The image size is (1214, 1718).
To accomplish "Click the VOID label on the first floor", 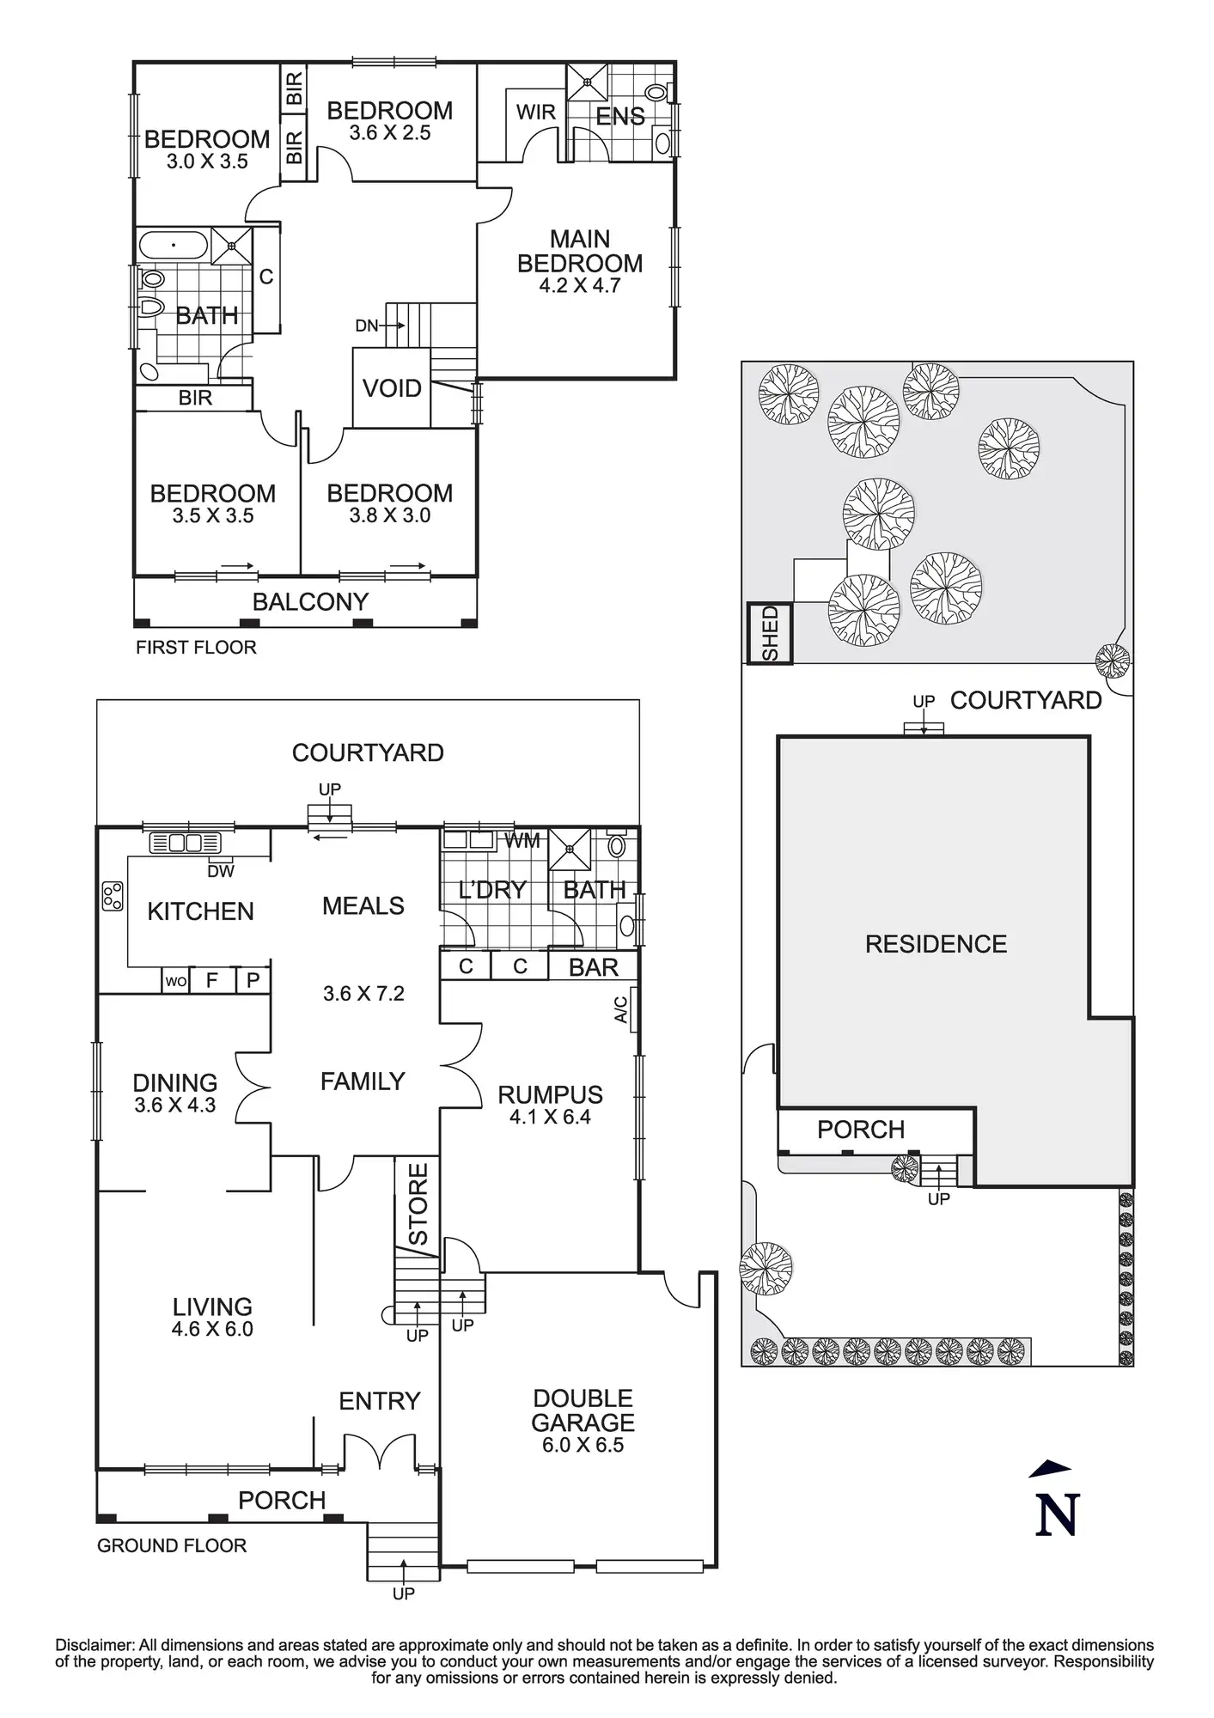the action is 392,388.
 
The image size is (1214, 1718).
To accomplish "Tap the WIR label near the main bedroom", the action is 535,112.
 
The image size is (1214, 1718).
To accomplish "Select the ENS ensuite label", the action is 620,116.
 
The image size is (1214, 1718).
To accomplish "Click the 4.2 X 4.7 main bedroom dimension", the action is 579,286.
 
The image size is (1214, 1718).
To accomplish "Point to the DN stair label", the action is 367,326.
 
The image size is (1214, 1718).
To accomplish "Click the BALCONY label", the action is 310,601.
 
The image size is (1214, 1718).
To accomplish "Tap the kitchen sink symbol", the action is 186,843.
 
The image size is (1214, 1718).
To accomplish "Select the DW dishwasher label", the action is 221,871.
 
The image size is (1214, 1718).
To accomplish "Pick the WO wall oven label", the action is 175,981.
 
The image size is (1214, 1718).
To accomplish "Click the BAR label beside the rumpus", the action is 593,967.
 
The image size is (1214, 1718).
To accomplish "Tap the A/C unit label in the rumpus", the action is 622,1009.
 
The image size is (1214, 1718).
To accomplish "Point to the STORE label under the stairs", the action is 418,1203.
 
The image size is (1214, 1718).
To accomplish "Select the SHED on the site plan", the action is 770,633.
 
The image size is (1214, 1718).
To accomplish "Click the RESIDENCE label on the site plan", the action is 936,944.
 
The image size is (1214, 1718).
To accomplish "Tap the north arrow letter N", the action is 1057,1515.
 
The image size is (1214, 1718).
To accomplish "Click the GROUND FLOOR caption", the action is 172,1545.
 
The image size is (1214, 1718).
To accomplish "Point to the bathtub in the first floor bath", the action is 174,246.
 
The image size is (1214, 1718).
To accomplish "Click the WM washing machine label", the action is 522,841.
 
